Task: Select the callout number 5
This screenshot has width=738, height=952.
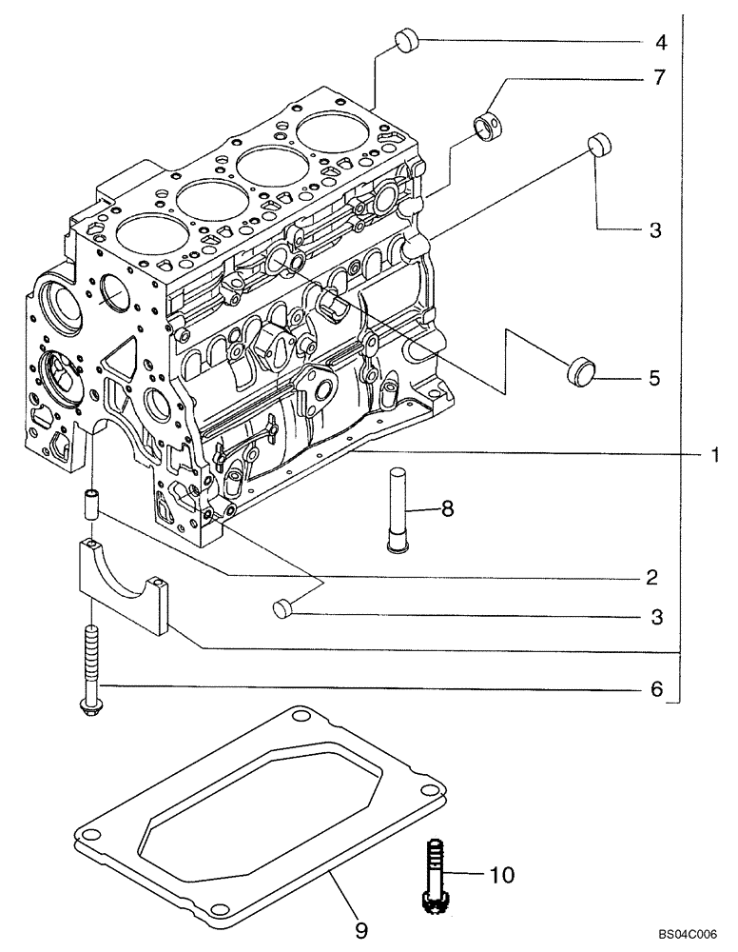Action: point(653,378)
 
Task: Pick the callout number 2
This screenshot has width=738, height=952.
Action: point(651,577)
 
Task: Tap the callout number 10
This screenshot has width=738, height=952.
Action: point(500,873)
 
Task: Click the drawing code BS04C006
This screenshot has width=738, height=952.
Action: point(689,937)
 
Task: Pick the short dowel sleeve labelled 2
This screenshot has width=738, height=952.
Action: point(91,504)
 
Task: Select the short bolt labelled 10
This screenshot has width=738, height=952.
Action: point(433,872)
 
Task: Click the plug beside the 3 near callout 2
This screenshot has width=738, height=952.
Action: point(282,607)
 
